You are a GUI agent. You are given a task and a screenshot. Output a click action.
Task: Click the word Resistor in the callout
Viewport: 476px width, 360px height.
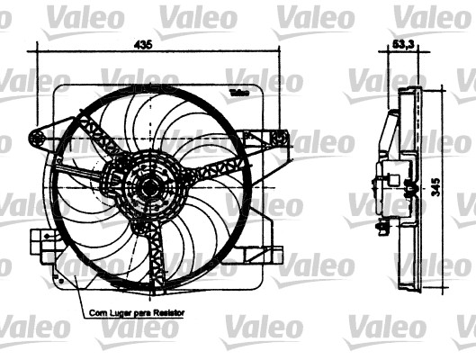pyautogui.click(x=168, y=313)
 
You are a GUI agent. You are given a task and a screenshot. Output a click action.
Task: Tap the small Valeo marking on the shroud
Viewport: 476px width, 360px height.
pyautogui.click(x=239, y=93)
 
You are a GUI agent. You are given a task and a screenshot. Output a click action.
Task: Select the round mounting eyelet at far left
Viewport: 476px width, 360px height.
pyautogui.click(x=37, y=137)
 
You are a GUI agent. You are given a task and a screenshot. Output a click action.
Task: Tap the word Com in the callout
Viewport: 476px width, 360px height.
pyautogui.click(x=96, y=313)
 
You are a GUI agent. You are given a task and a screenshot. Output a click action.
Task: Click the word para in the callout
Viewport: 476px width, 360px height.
pyautogui.click(x=140, y=313)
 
